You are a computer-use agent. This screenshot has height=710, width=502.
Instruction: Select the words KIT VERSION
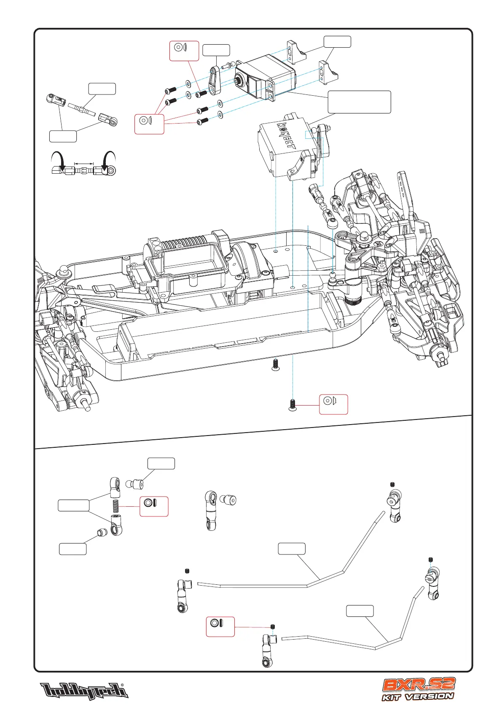pyautogui.click(x=418, y=697)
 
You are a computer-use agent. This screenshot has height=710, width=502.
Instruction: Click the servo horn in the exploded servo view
pyautogui.click(x=215, y=80)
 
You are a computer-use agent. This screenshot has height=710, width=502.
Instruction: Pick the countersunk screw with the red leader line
pyautogui.click(x=292, y=405)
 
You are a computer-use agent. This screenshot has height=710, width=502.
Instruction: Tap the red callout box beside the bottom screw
pyautogui.click(x=333, y=404)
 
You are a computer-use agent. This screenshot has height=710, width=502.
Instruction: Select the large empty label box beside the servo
pyautogui.click(x=359, y=102)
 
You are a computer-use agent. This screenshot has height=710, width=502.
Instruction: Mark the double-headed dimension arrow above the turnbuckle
pyautogui.click(x=83, y=163)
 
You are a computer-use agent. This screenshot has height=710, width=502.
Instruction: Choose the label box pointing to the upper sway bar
pyautogui.click(x=292, y=549)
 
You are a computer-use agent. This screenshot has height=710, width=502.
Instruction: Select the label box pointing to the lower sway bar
pyautogui.click(x=360, y=611)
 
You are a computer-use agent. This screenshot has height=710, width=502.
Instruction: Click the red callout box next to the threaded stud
pyautogui.click(x=154, y=506)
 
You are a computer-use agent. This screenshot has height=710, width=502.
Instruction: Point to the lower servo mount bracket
pyautogui.click(x=328, y=72)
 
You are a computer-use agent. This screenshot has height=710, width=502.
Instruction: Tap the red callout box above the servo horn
pyautogui.click(x=184, y=51)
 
